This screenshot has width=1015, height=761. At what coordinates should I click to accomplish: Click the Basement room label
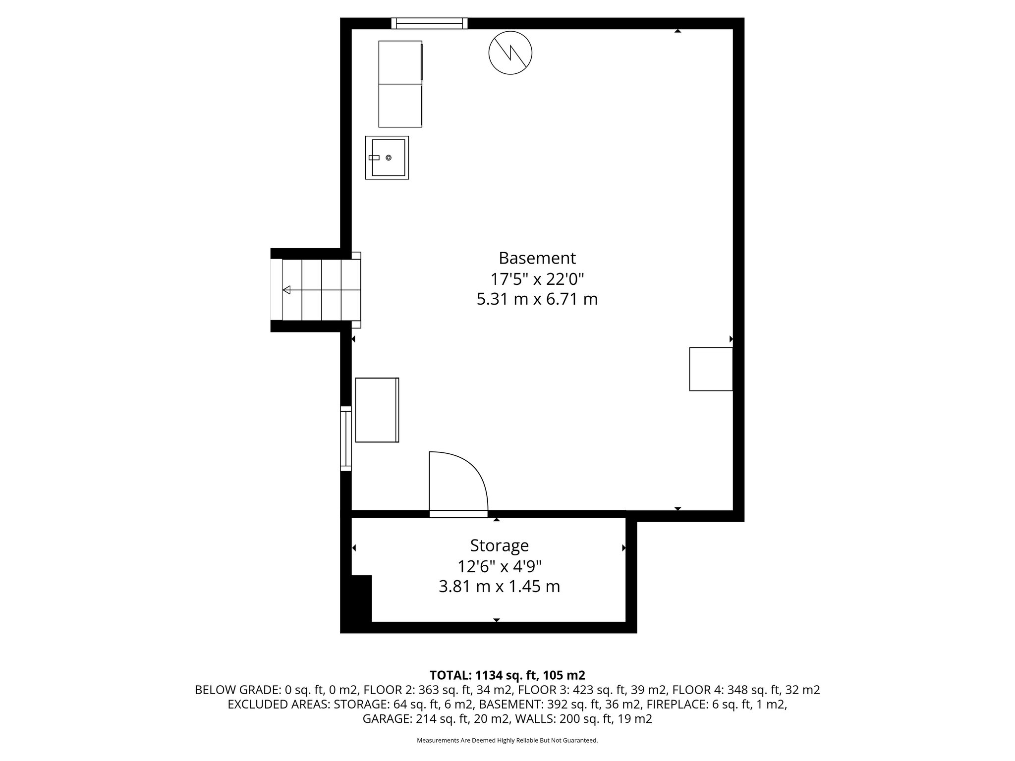(x=537, y=258)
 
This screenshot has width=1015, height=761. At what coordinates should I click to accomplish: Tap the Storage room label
(x=499, y=545)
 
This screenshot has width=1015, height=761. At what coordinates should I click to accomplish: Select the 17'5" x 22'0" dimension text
(x=537, y=279)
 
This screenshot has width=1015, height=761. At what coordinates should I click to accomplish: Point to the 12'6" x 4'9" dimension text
(x=499, y=566)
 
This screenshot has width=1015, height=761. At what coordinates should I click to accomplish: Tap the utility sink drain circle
(x=388, y=158)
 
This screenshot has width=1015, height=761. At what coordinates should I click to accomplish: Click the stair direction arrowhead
(x=286, y=290)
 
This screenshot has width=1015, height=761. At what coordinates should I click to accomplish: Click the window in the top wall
(x=429, y=23)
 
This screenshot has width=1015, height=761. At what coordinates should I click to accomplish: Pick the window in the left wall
(x=345, y=438)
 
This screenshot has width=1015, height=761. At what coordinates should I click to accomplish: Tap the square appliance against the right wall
(x=711, y=369)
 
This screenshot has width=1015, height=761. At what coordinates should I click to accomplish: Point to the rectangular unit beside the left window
(x=377, y=410)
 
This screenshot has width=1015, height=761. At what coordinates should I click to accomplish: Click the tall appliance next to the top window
(x=400, y=84)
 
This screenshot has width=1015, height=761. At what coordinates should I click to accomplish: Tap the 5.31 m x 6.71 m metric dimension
(x=537, y=300)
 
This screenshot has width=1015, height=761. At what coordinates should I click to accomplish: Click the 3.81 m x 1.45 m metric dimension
(x=499, y=587)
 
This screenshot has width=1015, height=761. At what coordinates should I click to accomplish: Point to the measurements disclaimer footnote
(x=507, y=741)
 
